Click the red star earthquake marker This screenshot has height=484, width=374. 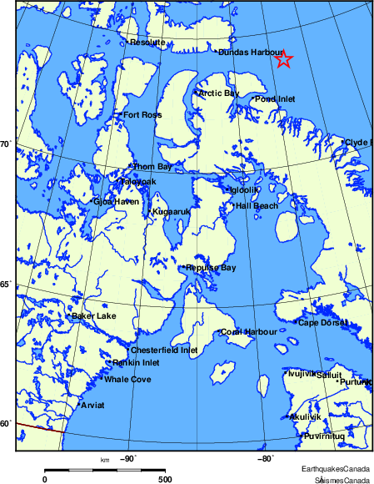pos(283,58)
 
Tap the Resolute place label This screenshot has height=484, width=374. pos(147,42)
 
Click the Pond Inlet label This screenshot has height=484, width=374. pos(275,98)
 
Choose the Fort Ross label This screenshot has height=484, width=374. pos(142,115)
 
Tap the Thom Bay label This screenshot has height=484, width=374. pos(153,167)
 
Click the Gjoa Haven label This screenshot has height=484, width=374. pos(115,201)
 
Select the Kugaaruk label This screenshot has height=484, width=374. pos(172,212)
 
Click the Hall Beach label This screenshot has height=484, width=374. pos(257,205)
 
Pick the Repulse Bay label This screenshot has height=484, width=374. pos(212,268)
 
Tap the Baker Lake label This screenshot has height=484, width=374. pos(94,315)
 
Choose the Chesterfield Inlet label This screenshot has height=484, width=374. pos(165,350)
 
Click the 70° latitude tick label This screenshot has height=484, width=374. pos(5,144)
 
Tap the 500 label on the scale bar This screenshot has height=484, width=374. pos(164,479)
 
